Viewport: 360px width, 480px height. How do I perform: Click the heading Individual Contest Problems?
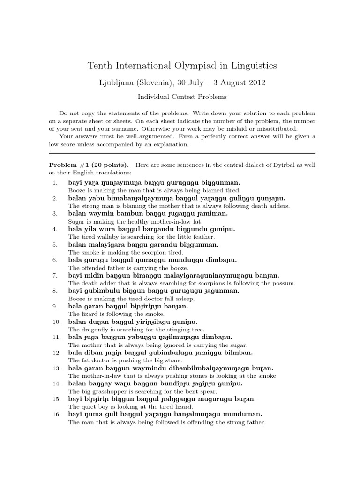point(182,97)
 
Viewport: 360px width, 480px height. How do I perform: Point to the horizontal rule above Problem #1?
point(182,153)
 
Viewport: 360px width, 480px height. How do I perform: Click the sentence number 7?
point(54,275)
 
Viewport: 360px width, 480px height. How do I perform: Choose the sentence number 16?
point(54,414)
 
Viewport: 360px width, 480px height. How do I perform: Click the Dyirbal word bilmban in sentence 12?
point(239,352)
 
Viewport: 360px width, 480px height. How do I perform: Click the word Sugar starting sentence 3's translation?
point(76,221)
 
